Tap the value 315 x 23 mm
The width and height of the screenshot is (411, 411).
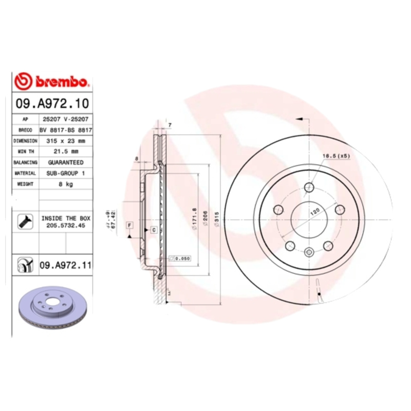[x=66, y=140]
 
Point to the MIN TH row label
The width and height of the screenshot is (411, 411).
[x=25, y=151]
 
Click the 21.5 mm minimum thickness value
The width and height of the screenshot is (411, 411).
[x=66, y=151]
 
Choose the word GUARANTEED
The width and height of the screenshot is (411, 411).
[x=66, y=162]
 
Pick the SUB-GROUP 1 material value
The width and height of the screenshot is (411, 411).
[x=66, y=173]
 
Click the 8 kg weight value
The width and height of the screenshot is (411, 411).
[x=66, y=184]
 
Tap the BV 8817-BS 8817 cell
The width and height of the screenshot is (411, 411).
[x=66, y=129]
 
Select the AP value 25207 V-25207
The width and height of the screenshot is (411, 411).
[x=66, y=119]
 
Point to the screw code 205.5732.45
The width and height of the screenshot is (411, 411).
[x=66, y=225]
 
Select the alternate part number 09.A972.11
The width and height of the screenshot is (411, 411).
[x=65, y=265]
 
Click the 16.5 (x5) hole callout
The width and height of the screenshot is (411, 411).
[x=335, y=156]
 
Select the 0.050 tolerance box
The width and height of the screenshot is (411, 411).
[x=180, y=258]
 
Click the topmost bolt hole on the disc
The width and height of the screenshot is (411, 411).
[x=309, y=188]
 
